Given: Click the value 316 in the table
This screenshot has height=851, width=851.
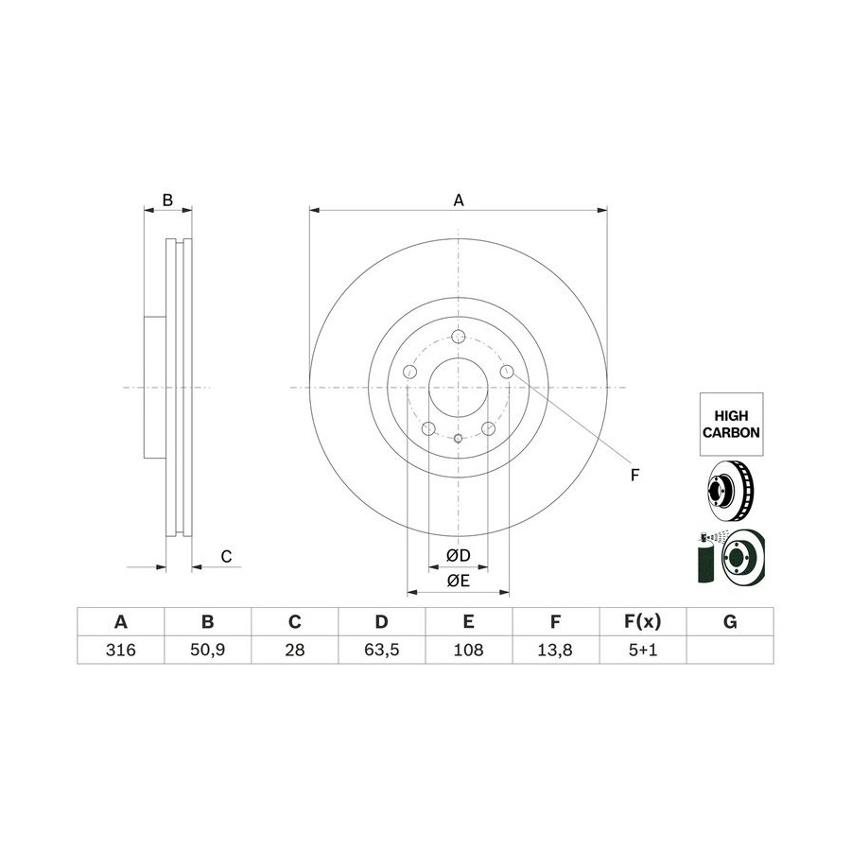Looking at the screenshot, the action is point(120,650).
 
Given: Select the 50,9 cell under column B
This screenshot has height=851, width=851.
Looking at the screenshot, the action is point(208,650).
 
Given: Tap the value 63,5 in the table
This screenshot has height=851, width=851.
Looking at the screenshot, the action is point(382,650).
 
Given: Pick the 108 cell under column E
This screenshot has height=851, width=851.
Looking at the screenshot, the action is point(468,650).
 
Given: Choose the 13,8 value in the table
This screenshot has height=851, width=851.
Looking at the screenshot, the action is point(555,650).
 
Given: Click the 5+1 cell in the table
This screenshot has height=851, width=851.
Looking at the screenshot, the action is point(643,650).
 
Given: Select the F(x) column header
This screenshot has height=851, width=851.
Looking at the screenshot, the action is point(643,621).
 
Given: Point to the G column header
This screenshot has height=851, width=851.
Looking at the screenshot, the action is point(730,621).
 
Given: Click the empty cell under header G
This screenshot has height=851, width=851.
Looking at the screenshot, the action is point(730,650).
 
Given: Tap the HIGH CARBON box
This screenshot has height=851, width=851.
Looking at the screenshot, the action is point(731,425).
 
